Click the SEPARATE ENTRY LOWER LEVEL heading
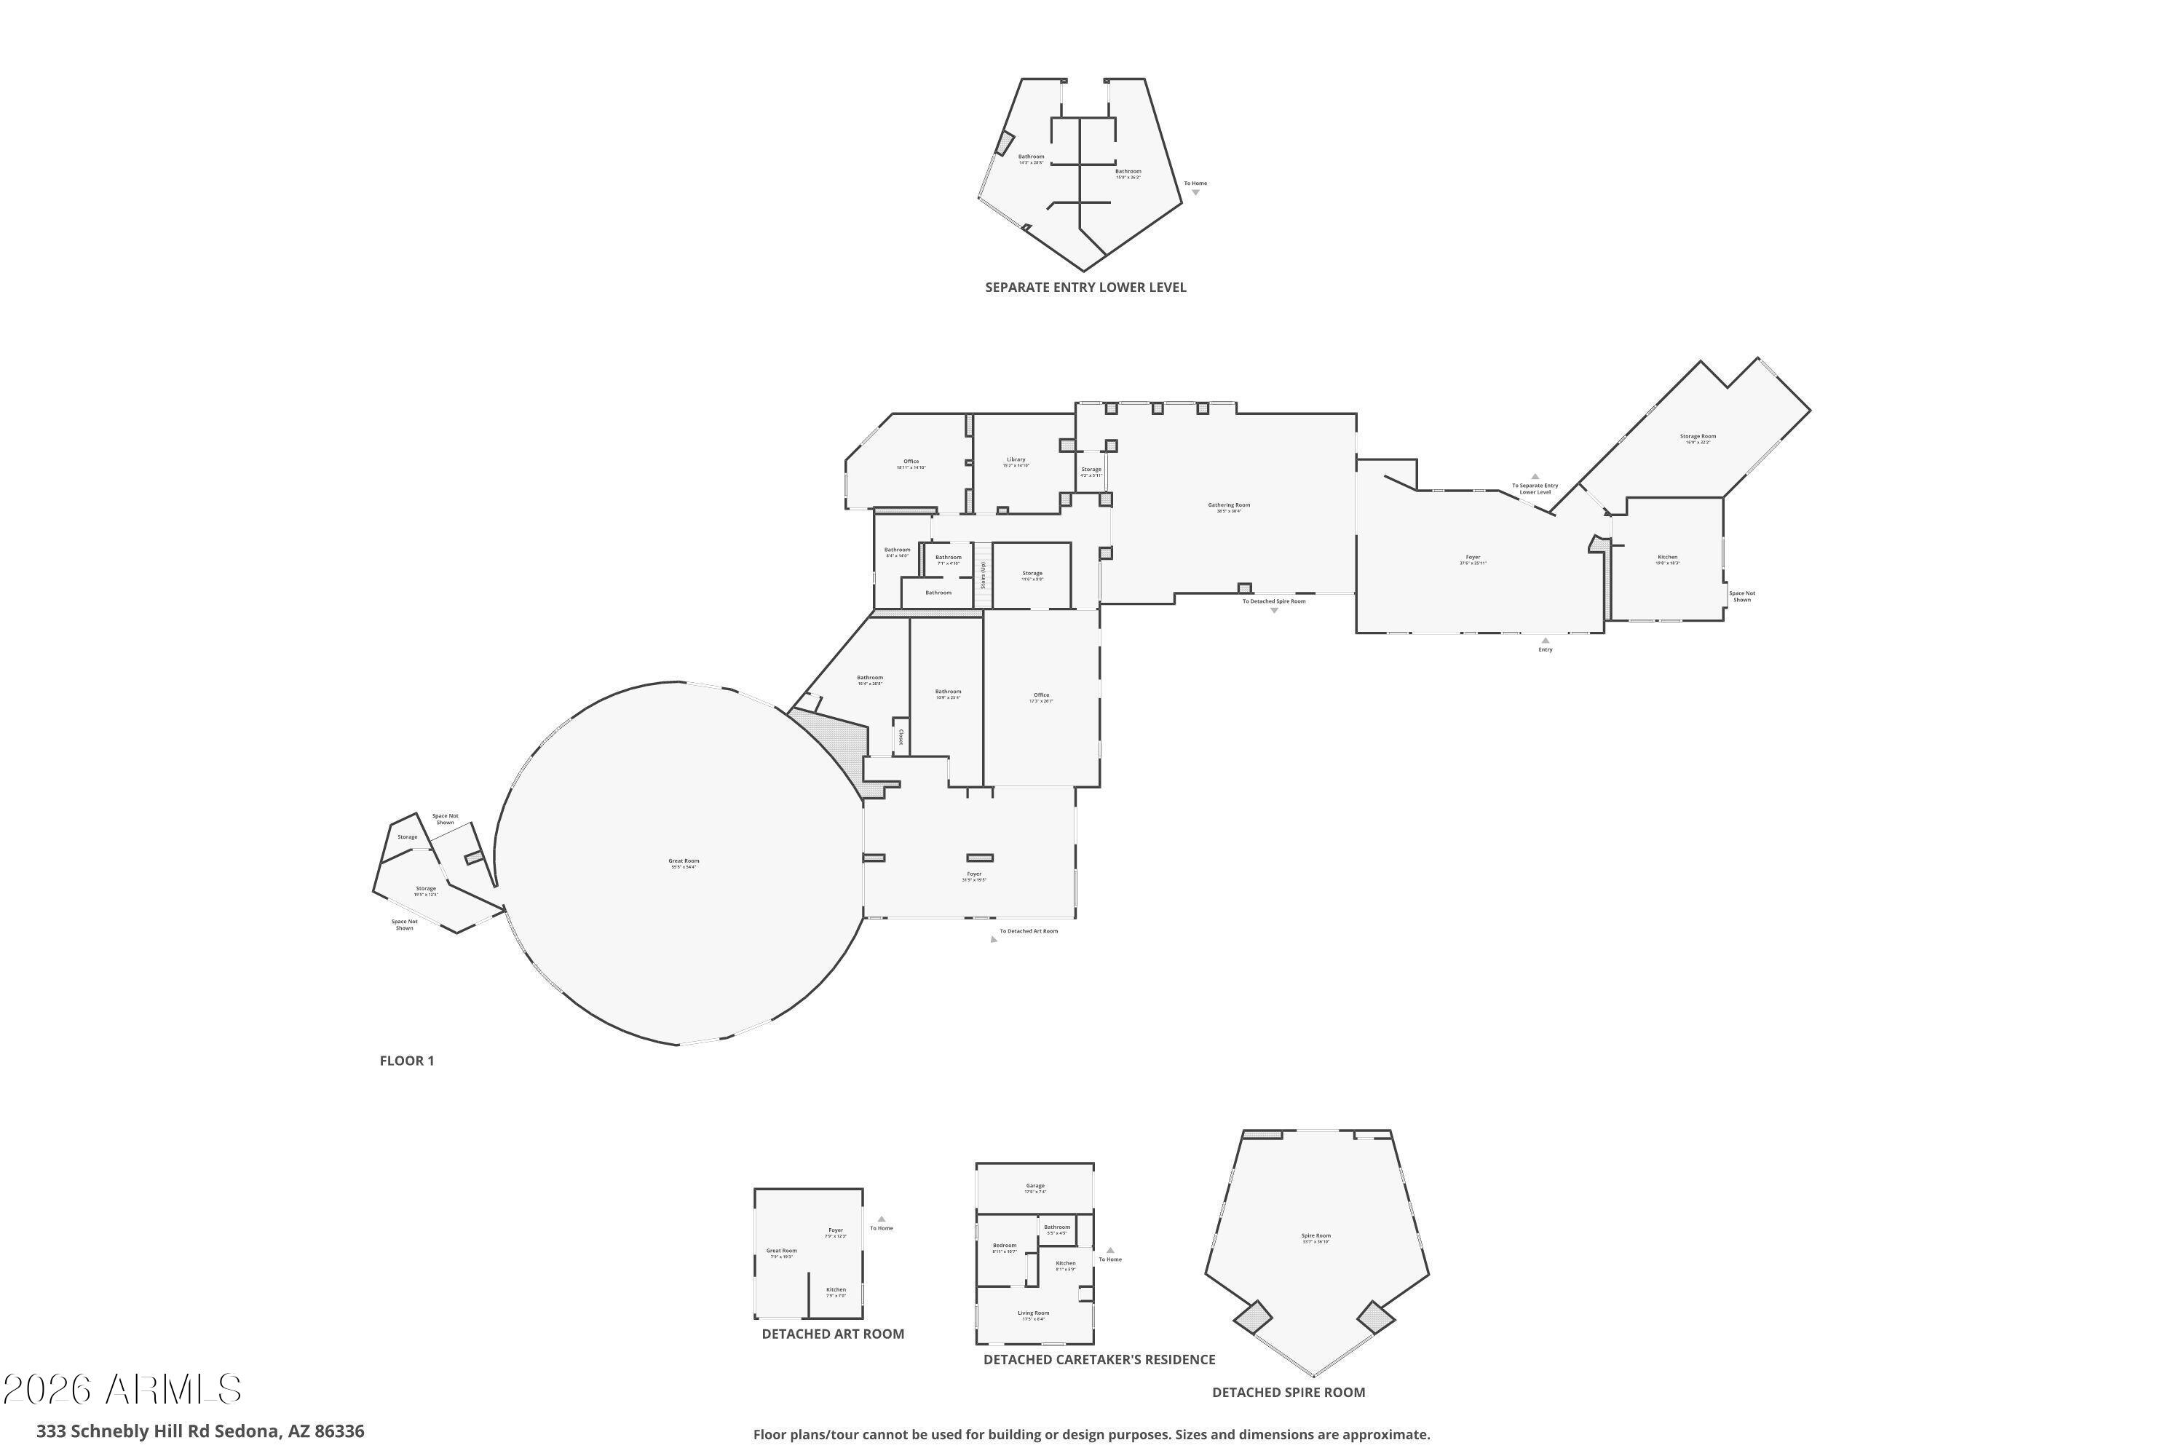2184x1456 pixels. tap(1085, 288)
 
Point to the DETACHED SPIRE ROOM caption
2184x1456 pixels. tap(1288, 1392)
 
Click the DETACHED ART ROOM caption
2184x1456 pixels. tap(832, 1334)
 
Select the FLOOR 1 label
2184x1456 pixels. tap(407, 1061)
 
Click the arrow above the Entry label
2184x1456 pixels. tap(1545, 640)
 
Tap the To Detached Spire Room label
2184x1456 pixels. tap(1274, 601)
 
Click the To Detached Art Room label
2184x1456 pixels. tap(1028, 930)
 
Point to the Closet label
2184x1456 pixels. tap(900, 736)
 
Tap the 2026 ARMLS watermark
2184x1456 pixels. tap(122, 1389)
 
